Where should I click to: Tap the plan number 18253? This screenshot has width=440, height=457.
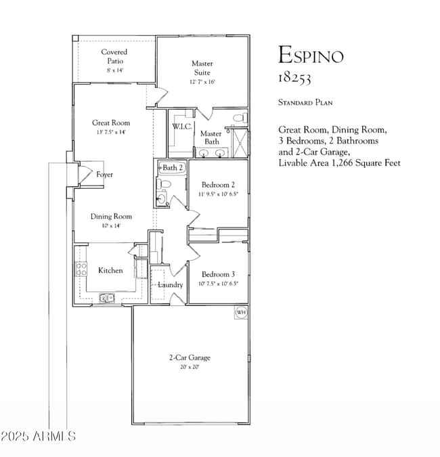point(294,78)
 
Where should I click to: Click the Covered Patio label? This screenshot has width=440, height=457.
point(114,56)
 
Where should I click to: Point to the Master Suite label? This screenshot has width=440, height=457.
point(202,68)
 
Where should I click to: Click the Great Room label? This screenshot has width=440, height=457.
point(111,123)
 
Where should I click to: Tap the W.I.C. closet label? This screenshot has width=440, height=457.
point(182,127)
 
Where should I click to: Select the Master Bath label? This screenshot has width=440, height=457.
point(211,137)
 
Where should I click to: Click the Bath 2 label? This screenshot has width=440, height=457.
point(173,167)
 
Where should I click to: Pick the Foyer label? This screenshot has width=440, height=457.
point(104,175)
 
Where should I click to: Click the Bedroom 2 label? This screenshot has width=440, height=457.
point(218,185)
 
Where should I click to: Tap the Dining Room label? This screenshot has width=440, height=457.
point(111,217)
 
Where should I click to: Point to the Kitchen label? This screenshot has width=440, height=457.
point(110,270)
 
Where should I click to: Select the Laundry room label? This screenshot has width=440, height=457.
point(170,285)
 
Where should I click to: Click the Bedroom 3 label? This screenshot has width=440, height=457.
point(218,274)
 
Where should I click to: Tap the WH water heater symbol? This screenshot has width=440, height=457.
point(240,312)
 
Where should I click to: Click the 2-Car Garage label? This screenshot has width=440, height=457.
point(190,357)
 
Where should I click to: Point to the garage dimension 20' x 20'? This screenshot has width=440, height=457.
point(190,367)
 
